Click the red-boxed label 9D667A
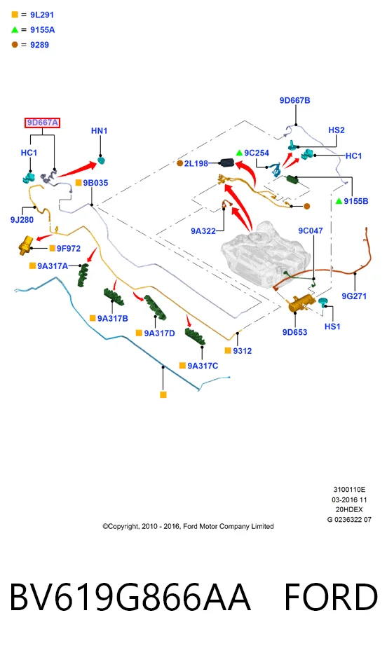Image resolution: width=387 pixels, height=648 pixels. tap(42, 123)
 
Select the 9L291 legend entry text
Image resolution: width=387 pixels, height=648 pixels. tap(42, 15)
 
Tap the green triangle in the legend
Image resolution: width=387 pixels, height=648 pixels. tap(15, 29)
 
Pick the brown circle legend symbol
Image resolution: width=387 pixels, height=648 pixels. tap(15, 45)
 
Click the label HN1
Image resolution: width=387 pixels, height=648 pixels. tap(100, 130)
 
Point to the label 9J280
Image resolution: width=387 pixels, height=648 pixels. tap(22, 219)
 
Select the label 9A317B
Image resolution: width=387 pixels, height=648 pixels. tap(112, 318)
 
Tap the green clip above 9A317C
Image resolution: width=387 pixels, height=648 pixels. tap(195, 336)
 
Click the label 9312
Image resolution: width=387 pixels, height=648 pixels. tap(243, 351)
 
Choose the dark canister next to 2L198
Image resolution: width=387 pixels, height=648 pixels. tap(227, 163)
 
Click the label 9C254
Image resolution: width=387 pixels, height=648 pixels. tap(257, 153)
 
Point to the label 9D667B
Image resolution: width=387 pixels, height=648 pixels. tap(294, 100)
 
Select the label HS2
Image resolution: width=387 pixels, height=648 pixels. tap(337, 130)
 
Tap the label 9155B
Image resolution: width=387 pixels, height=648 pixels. tap(356, 201)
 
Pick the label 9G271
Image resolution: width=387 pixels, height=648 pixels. tap(354, 296)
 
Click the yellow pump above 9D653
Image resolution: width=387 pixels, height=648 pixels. tap(301, 304)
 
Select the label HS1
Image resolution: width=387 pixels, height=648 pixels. tap(332, 326)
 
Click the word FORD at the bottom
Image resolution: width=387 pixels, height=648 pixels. tap(331, 597)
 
